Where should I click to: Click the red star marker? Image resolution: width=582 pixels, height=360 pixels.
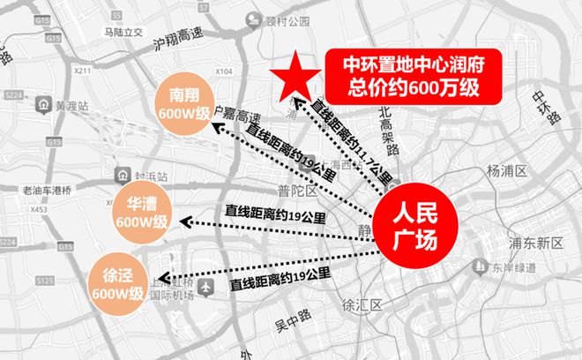[x=292, y=76]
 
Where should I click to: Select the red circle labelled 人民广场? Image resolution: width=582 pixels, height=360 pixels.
[x=414, y=226]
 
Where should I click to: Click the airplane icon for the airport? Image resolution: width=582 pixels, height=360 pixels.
[x=206, y=287]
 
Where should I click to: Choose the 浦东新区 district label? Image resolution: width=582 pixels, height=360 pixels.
[x=528, y=241]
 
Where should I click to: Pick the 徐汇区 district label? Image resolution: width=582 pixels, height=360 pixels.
[x=360, y=305]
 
